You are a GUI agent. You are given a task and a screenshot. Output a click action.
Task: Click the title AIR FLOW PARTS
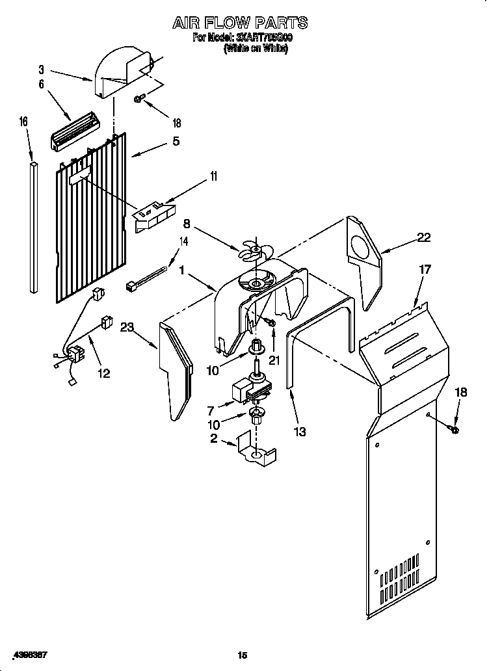pyautogui.click(x=240, y=23)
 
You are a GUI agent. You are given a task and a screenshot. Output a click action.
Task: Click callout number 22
pyautogui.click(x=423, y=238)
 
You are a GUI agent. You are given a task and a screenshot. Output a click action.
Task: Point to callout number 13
pyautogui.click(x=300, y=431)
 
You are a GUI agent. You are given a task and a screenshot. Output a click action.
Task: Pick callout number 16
pyautogui.click(x=24, y=122)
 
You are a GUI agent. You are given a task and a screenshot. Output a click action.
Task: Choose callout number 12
pyautogui.click(x=103, y=373)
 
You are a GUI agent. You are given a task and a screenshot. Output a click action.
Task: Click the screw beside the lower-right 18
pyautogui.click(x=454, y=429)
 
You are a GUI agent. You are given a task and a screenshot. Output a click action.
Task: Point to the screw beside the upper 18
pyautogui.click(x=139, y=99)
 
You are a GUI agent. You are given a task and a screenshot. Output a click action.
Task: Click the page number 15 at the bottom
pyautogui.click(x=242, y=656)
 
